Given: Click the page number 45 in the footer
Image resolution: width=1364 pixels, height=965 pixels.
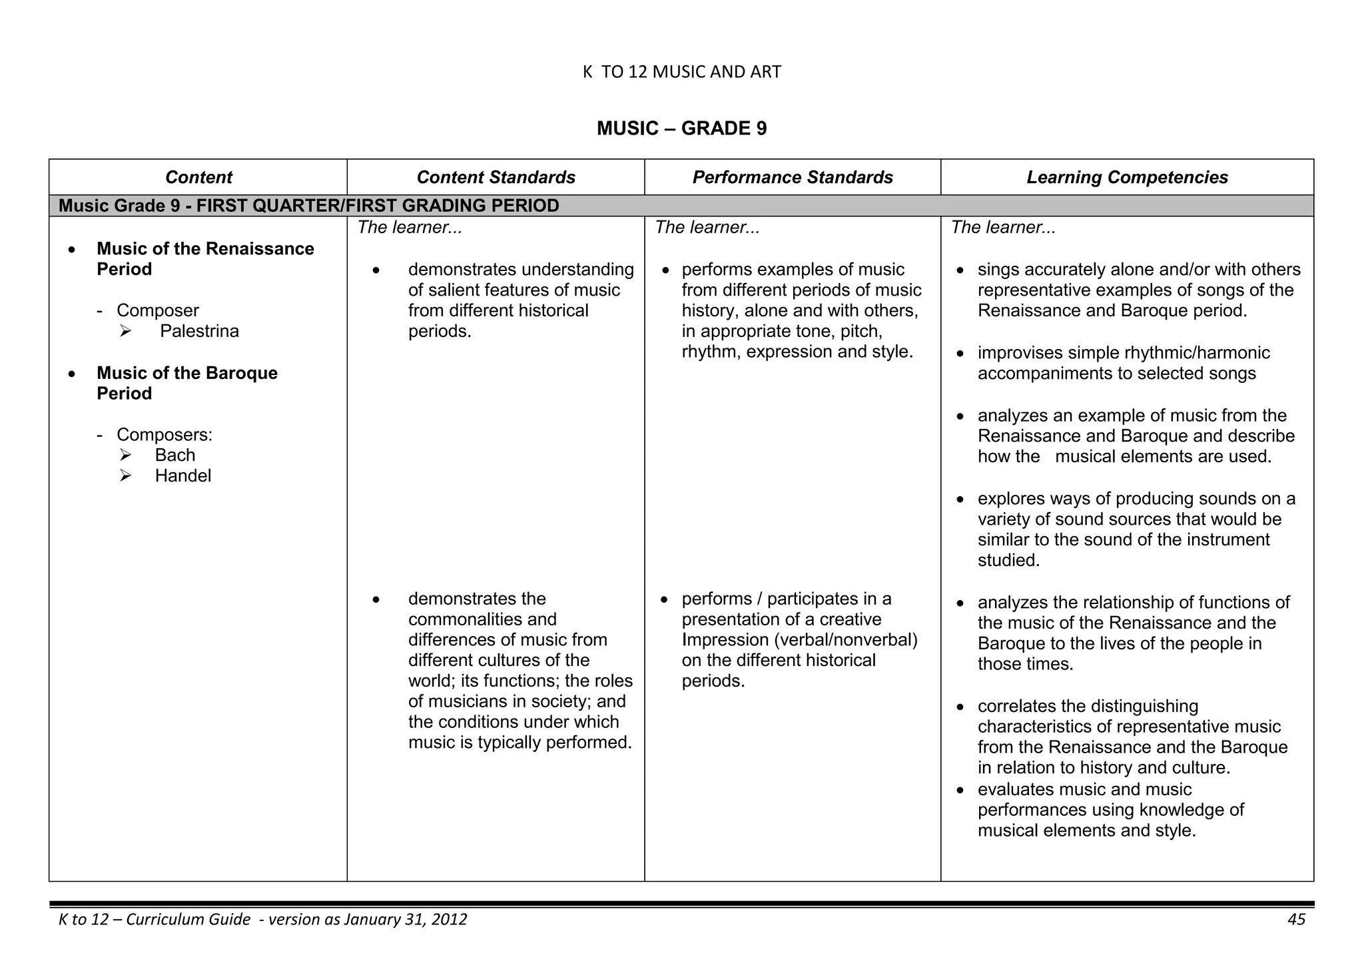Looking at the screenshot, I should coord(1296,920).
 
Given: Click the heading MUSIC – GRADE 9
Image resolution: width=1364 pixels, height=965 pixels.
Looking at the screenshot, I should coord(681,129).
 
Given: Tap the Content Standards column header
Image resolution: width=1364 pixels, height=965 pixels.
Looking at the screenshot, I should coord(496,177).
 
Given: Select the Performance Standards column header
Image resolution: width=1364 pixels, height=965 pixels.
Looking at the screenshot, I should coord(792,177).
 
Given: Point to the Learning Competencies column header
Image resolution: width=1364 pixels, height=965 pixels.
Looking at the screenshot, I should coord(1127,177).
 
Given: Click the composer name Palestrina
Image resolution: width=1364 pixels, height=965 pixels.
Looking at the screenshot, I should coord(199,331).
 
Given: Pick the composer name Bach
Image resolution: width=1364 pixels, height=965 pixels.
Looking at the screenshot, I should coord(175,455).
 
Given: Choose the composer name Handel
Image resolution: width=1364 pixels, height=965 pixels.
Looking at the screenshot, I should coord(183,476).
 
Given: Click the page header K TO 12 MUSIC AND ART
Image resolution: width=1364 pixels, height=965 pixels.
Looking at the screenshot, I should coord(681,72).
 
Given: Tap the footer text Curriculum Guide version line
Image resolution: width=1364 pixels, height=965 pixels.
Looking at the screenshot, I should coord(262,920).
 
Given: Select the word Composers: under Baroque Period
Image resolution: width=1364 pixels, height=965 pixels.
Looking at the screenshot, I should coord(165,434).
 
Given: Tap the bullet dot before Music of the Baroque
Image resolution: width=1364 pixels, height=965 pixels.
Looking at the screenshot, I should coord(72,374).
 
